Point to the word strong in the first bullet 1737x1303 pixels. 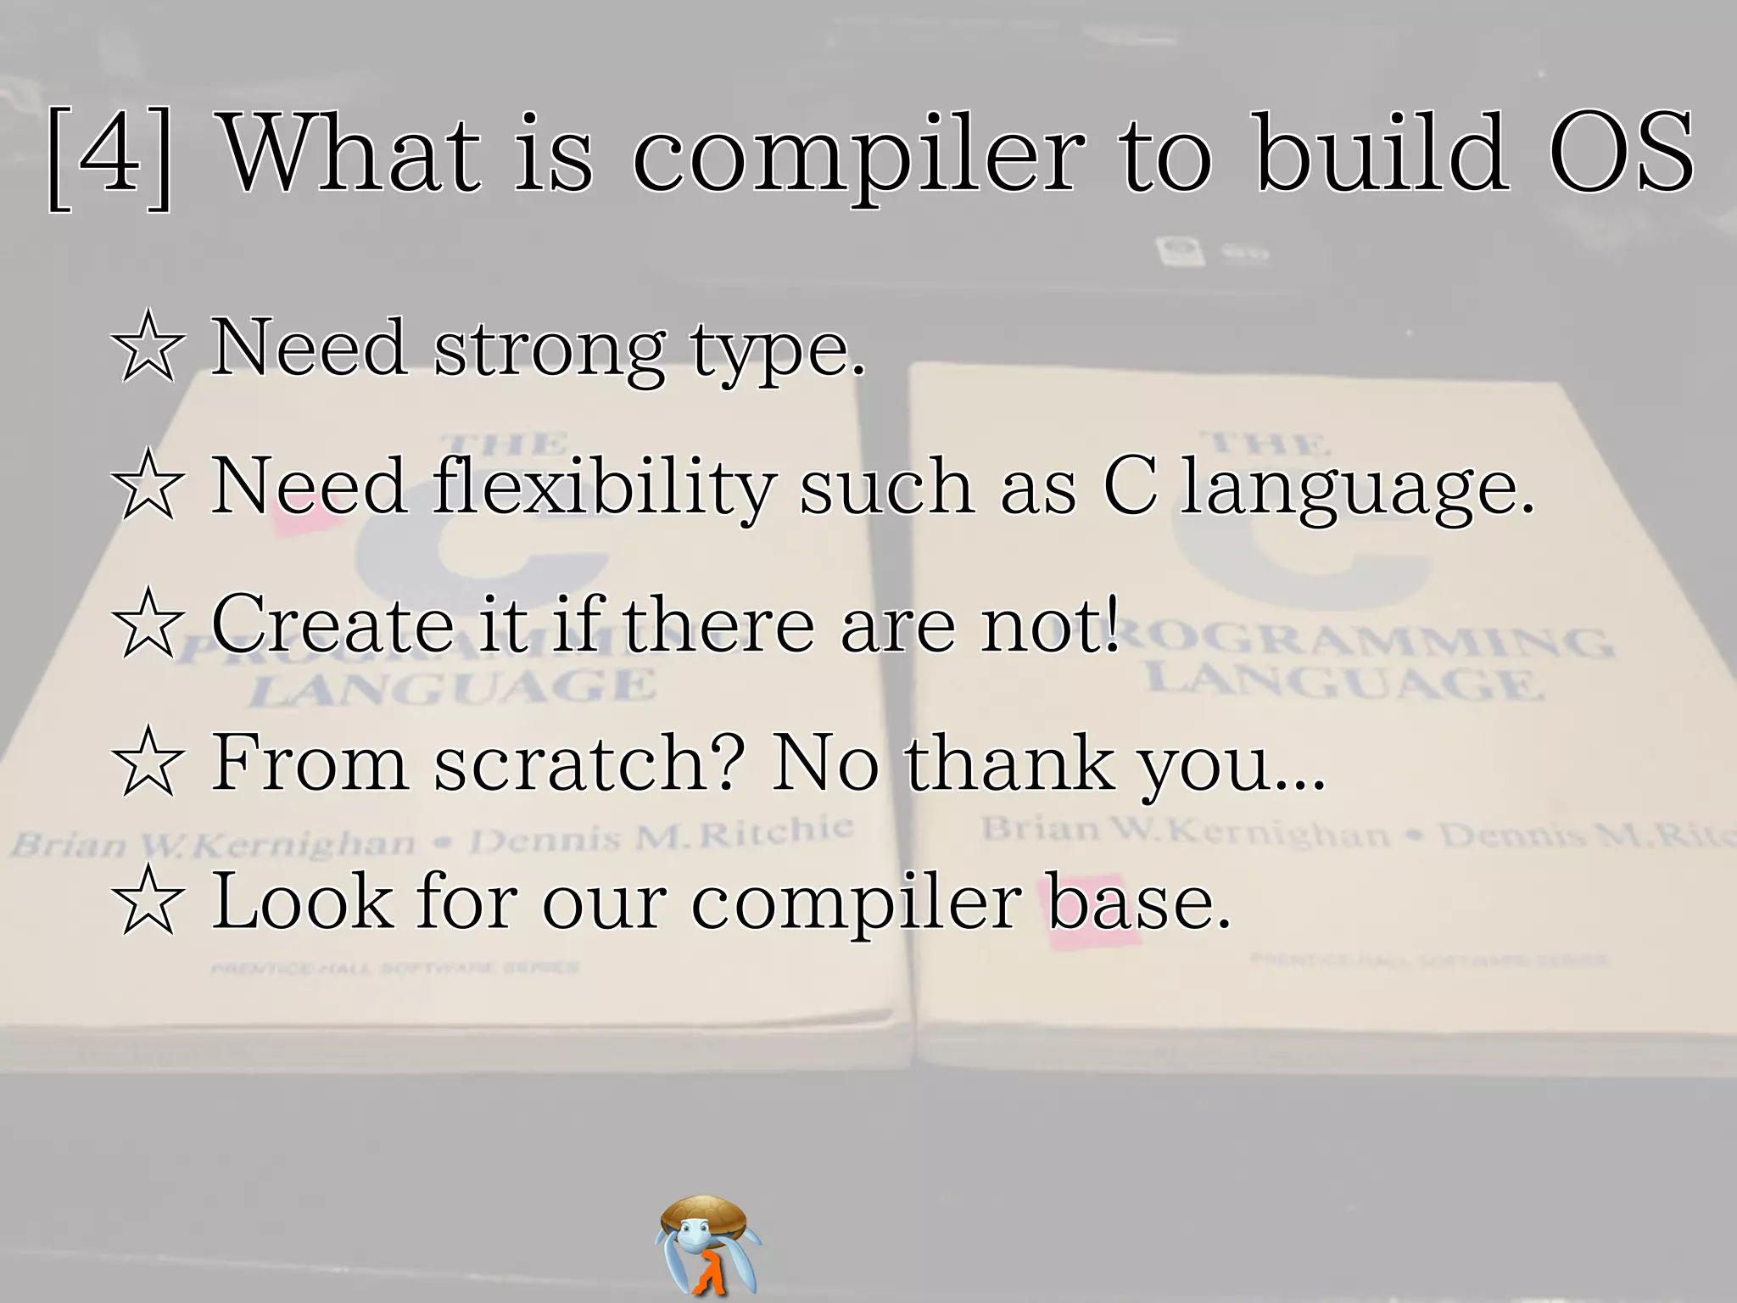tap(549, 350)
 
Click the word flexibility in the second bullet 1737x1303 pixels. tap(603, 487)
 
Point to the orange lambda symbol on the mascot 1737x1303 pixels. tap(708, 1272)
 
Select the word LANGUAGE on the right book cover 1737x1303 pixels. tap(1343, 679)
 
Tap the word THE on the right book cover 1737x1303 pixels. tap(1269, 442)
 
